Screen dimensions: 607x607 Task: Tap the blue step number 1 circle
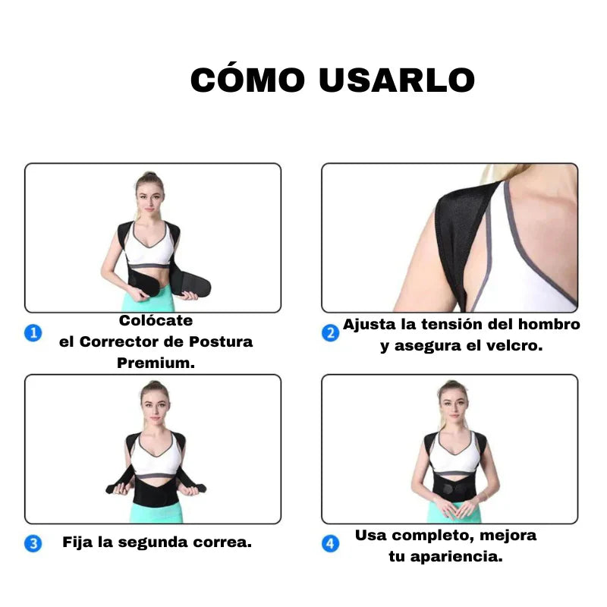(x=33, y=332)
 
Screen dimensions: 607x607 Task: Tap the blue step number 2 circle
(x=330, y=333)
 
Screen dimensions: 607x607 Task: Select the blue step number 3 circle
(x=33, y=543)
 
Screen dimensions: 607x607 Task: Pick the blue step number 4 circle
(x=330, y=543)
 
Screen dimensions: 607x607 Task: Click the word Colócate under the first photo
(x=156, y=321)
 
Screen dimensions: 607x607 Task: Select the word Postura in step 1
(x=222, y=342)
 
